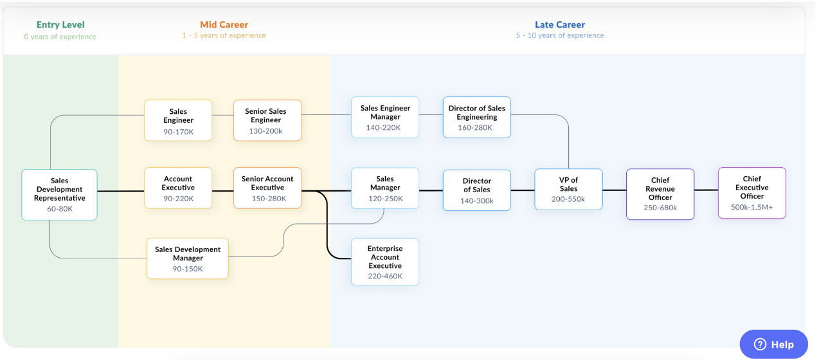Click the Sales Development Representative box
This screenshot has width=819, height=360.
[x=59, y=194]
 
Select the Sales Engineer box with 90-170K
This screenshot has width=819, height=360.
[x=178, y=120]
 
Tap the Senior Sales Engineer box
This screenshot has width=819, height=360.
[x=267, y=120]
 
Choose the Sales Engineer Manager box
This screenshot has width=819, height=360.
[x=385, y=117]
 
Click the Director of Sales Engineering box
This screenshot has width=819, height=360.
[x=476, y=117]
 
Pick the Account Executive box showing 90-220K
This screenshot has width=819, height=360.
[x=178, y=188]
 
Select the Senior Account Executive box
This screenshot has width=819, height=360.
[x=267, y=188]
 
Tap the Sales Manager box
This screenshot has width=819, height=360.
[x=385, y=188]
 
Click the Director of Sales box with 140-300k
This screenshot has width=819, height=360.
[x=476, y=190]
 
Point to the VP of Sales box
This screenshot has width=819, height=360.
[x=568, y=189]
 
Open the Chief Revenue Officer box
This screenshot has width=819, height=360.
[x=660, y=194]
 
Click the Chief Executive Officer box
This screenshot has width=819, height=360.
[x=751, y=192]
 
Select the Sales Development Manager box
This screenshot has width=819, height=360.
[x=188, y=258]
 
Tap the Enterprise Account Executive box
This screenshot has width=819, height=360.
[x=385, y=262]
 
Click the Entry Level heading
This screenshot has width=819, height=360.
[x=60, y=25]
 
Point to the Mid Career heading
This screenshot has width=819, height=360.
[x=224, y=25]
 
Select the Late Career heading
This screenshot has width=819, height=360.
[x=560, y=25]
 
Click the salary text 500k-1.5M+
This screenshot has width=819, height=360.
[x=751, y=207]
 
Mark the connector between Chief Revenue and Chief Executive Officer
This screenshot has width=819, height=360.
[x=706, y=190]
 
